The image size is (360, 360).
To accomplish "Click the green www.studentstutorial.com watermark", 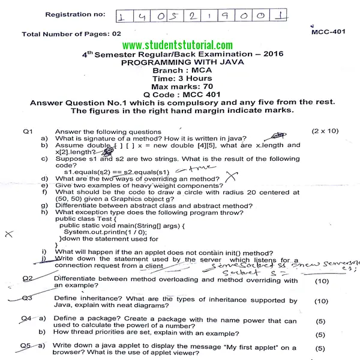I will click(x=177, y=45).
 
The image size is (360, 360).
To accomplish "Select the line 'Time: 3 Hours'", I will click(x=182, y=78).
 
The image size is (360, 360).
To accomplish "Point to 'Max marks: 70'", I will click(x=182, y=86).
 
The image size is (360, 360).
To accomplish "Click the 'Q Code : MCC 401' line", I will click(x=182, y=94).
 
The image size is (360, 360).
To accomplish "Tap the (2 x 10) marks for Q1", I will click(x=325, y=131).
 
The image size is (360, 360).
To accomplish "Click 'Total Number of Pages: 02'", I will click(x=71, y=34).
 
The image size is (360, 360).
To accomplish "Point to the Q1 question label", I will click(x=29, y=131).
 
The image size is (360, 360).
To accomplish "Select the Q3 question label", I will click(x=27, y=298).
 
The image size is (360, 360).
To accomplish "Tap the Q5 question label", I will click(x=25, y=346).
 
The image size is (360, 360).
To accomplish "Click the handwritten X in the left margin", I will click(x=8, y=235).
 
